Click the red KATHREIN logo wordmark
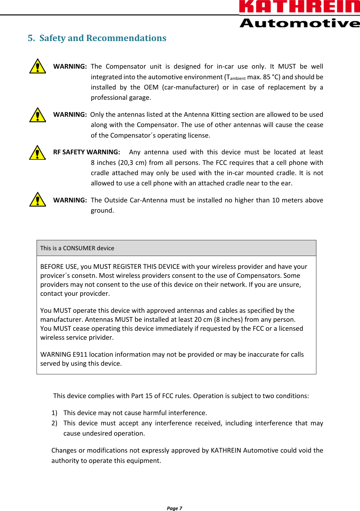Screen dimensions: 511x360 [x=299, y=6]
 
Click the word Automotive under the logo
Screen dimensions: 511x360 [x=299, y=23]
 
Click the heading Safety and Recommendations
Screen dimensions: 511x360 [x=103, y=38]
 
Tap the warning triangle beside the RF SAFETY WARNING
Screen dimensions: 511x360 [x=38, y=153]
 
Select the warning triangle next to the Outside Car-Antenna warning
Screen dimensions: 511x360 [x=38, y=200]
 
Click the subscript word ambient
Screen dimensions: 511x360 [x=238, y=79]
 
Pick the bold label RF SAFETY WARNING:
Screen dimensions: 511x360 [x=87, y=152]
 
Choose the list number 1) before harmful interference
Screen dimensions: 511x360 [x=54, y=413]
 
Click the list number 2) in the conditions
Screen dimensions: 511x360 [x=54, y=423]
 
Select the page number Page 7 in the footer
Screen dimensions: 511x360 [x=174, y=508]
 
